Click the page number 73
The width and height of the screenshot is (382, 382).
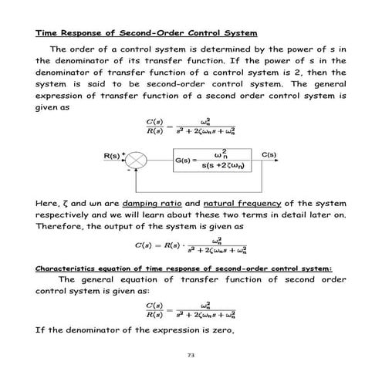coord(190,356)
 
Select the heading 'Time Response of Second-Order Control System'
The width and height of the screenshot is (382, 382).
coord(146,34)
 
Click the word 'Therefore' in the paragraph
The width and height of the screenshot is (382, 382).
coord(61,227)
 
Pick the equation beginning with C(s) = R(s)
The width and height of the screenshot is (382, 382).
coord(190,247)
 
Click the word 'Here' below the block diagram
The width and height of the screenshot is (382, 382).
coord(48,202)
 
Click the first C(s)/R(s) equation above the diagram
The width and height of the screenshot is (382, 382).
coord(190,127)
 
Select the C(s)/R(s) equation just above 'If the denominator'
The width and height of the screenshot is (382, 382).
coord(190,312)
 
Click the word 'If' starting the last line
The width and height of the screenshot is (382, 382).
coord(41,330)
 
